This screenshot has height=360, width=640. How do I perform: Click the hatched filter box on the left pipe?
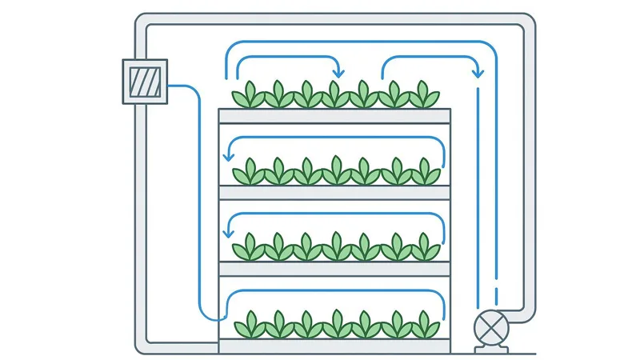pyautogui.click(x=145, y=81)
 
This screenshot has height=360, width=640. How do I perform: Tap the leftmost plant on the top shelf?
pyautogui.click(x=249, y=95)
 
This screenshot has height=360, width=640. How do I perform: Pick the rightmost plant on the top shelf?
pyautogui.click(x=422, y=95)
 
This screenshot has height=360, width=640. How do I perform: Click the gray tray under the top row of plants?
pyautogui.click(x=334, y=116)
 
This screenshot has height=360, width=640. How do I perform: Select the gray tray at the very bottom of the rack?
pyautogui.click(x=334, y=346)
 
